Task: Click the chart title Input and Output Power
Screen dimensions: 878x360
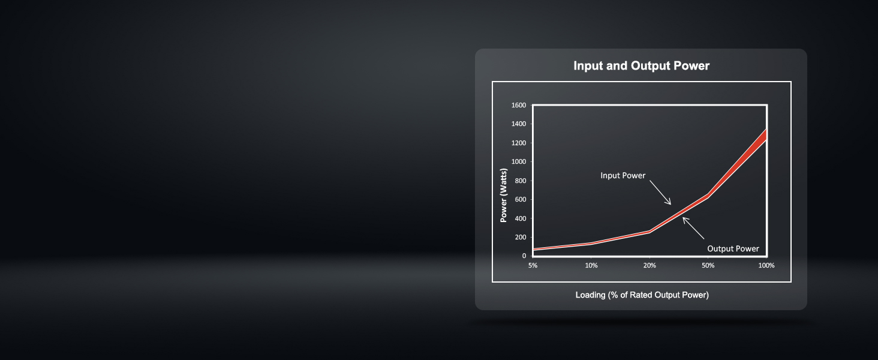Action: click(641, 65)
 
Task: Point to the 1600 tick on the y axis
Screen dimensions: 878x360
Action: click(519, 105)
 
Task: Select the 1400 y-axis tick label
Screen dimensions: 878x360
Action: click(519, 124)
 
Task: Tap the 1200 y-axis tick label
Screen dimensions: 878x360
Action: click(519, 143)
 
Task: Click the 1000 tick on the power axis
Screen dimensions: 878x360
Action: click(519, 161)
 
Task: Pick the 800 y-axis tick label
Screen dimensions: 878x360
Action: click(521, 181)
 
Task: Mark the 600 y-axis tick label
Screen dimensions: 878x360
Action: click(521, 200)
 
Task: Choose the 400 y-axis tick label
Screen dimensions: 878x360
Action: click(521, 218)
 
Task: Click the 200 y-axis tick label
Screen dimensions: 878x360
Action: click(521, 237)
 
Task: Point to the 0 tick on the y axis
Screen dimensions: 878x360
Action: click(524, 256)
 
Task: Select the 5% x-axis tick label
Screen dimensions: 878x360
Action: click(533, 265)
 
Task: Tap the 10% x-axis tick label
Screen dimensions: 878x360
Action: click(591, 265)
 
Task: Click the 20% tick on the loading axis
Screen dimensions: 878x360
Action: click(650, 265)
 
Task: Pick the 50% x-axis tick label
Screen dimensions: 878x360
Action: click(708, 265)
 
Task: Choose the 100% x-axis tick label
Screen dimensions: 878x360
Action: click(766, 265)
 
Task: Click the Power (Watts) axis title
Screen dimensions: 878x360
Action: click(504, 195)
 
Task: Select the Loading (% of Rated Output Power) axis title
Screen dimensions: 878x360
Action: click(642, 295)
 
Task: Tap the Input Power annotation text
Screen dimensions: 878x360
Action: click(623, 176)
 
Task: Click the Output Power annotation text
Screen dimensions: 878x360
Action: click(733, 248)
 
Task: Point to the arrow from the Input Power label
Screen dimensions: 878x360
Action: click(660, 193)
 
